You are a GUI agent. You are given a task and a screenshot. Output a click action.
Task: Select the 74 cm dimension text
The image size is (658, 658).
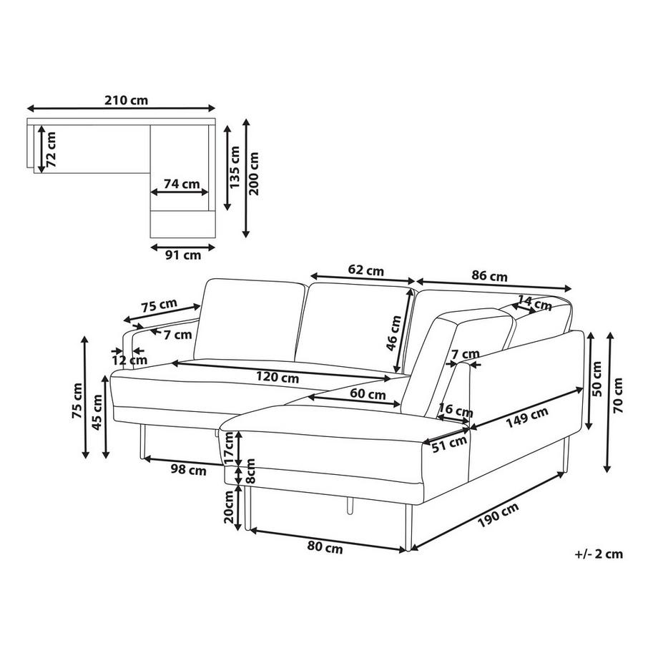point(181,183)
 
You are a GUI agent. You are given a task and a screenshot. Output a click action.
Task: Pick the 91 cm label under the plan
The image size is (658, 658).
point(183,255)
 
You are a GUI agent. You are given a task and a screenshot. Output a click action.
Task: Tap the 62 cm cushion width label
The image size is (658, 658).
point(365,270)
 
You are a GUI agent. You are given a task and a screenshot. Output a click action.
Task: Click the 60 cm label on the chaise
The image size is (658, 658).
point(365,393)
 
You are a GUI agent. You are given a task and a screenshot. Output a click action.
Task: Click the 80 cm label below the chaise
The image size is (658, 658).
point(324,549)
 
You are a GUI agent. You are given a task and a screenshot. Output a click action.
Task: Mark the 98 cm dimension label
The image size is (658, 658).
point(188,470)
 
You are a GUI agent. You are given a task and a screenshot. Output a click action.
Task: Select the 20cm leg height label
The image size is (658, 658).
point(229,507)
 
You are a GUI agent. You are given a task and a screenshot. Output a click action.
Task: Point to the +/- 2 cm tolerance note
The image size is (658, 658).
point(598,553)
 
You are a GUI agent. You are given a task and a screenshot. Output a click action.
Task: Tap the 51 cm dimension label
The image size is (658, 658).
point(448,444)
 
